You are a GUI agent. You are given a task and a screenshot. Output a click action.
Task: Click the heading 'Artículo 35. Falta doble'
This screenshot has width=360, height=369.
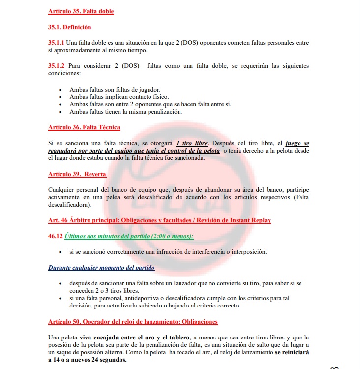81,11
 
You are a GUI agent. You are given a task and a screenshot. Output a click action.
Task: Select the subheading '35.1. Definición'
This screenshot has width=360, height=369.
69,27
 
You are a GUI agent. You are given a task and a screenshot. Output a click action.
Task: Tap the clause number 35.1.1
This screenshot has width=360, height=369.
56,43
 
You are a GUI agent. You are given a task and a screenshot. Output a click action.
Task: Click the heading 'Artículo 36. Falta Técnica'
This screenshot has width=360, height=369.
84,127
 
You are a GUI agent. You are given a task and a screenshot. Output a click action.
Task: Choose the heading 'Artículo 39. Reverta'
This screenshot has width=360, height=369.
77,174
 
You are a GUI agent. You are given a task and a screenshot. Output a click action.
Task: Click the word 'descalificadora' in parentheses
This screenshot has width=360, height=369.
68,205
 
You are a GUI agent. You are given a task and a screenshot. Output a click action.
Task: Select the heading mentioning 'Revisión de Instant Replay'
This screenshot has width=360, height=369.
159,220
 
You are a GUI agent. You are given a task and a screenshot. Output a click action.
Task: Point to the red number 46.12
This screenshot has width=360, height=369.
56,236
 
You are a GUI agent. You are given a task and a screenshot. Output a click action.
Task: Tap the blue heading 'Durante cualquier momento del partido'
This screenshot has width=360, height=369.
101,268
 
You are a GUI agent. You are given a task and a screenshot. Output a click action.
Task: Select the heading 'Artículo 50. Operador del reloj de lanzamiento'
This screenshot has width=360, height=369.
133,321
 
